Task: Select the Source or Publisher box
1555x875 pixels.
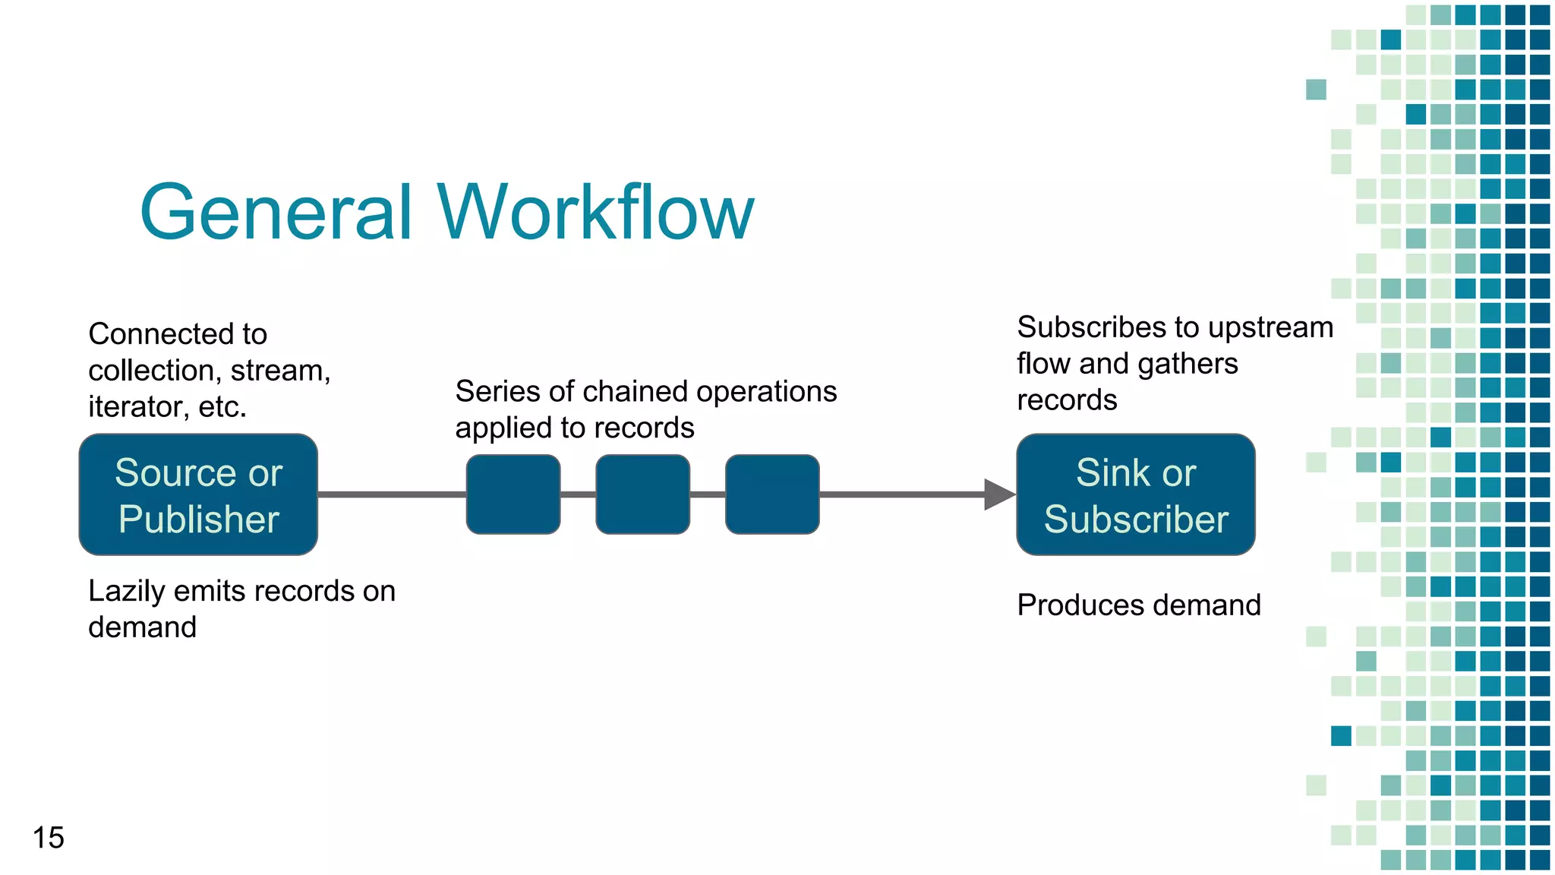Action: pos(198,494)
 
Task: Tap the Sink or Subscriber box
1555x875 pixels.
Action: pos(1135,494)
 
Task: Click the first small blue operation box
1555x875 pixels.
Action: pos(513,494)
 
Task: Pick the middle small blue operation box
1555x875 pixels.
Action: pos(643,494)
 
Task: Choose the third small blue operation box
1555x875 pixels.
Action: pos(772,494)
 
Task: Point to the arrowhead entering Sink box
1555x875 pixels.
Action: pos(998,494)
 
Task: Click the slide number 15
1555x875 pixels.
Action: pos(48,838)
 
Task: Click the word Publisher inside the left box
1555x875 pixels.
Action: pos(199,520)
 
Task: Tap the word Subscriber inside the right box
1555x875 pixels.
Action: pos(1136,520)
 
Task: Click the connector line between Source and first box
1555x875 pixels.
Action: pos(391,494)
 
